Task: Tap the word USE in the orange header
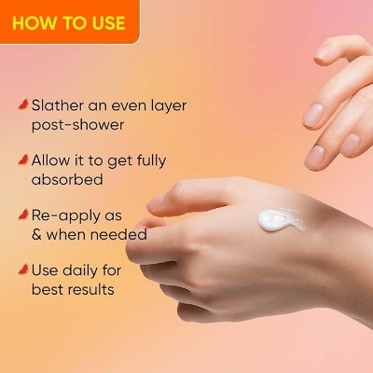(104, 22)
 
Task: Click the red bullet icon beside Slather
(22, 105)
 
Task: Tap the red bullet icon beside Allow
(22, 159)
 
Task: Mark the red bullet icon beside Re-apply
(22, 214)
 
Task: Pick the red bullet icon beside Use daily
(22, 269)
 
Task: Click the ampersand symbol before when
(37, 233)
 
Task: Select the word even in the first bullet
(125, 105)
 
